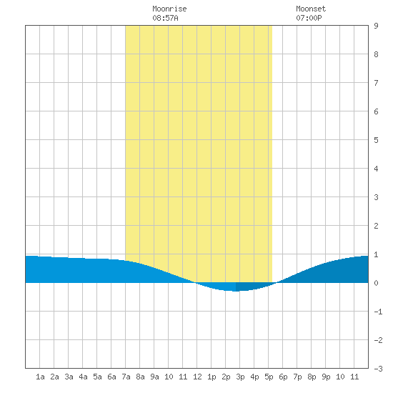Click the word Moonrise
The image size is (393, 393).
click(x=169, y=9)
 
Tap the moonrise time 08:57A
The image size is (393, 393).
click(x=165, y=18)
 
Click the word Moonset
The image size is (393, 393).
click(x=311, y=9)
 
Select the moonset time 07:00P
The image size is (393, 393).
click(x=309, y=18)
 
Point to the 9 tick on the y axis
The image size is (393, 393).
click(x=376, y=26)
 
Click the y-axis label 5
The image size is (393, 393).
click(x=376, y=140)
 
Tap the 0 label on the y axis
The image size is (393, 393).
click(x=376, y=283)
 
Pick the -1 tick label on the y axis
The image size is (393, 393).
click(x=378, y=312)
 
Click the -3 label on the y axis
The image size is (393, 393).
click(x=378, y=369)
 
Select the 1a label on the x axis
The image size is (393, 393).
click(x=40, y=377)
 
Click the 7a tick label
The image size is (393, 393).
click(x=126, y=377)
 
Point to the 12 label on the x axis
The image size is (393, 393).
click(x=197, y=377)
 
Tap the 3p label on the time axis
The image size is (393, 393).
click(x=240, y=377)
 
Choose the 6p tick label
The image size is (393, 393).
click(x=283, y=377)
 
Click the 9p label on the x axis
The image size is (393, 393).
click(x=326, y=377)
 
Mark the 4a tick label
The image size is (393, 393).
click(x=83, y=377)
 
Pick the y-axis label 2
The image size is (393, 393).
click(x=376, y=226)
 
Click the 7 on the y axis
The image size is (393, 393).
click(x=376, y=83)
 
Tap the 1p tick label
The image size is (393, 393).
click(x=212, y=377)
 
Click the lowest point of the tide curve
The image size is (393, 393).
click(x=236, y=292)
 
